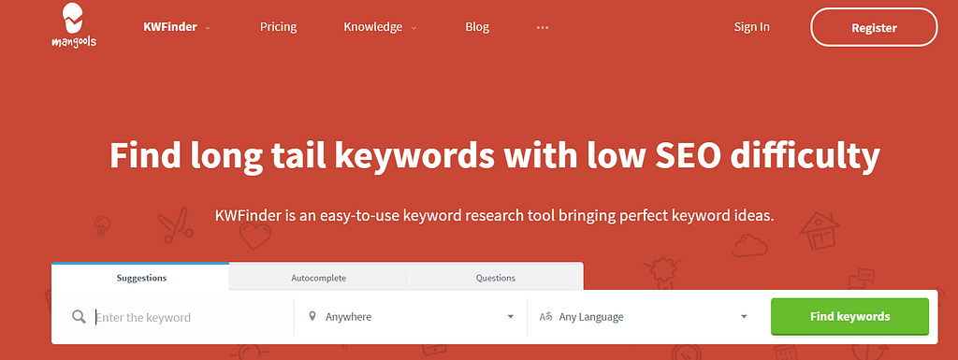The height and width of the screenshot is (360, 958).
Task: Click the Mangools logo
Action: coord(75,26)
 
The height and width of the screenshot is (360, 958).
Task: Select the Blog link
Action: coord(477,27)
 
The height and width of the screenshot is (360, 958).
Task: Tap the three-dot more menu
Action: coord(543,27)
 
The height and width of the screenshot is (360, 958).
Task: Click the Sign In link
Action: coord(751,27)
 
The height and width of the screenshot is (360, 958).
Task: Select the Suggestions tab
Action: coord(141,278)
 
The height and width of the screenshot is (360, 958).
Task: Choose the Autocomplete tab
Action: coord(318,278)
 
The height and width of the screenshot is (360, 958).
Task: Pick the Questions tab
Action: coord(495,278)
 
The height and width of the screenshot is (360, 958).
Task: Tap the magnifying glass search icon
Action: coord(79,317)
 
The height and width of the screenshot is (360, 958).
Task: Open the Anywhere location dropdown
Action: coord(412,317)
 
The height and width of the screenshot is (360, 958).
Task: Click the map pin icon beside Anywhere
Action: coord(312,317)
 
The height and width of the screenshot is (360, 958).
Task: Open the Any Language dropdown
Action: coord(646,317)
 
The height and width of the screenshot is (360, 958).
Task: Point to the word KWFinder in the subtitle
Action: coord(249,215)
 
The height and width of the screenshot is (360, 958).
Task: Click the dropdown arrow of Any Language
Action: coord(744,317)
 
